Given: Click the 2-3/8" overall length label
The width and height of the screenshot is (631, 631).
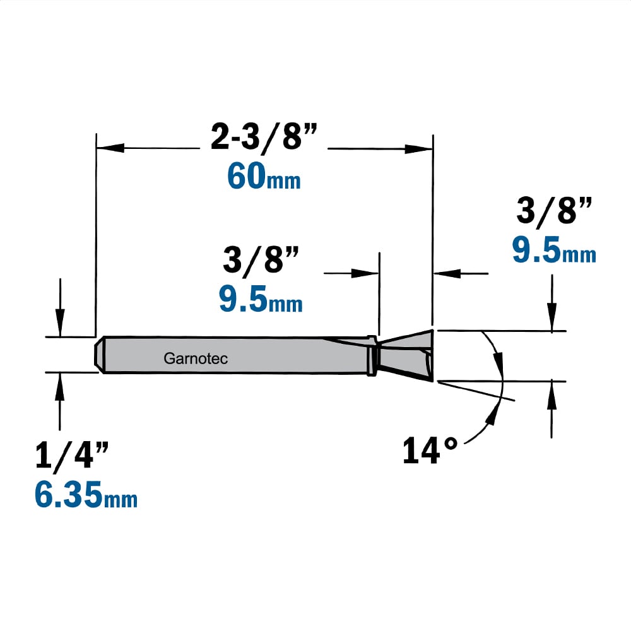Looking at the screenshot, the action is (x=264, y=136).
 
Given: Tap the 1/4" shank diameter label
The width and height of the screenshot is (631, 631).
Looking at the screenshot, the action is (x=72, y=455).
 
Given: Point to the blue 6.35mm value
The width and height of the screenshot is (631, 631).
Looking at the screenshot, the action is (x=86, y=495).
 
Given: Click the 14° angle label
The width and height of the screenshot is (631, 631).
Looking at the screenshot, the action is (x=430, y=451).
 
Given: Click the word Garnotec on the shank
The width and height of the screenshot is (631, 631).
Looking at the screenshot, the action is (x=196, y=358).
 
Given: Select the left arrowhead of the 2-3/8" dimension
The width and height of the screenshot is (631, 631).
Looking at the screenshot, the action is (x=110, y=148).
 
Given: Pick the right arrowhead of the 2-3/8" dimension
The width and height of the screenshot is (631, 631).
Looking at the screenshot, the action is (x=418, y=148).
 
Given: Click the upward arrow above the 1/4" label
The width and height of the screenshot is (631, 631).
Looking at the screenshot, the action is (x=60, y=401).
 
